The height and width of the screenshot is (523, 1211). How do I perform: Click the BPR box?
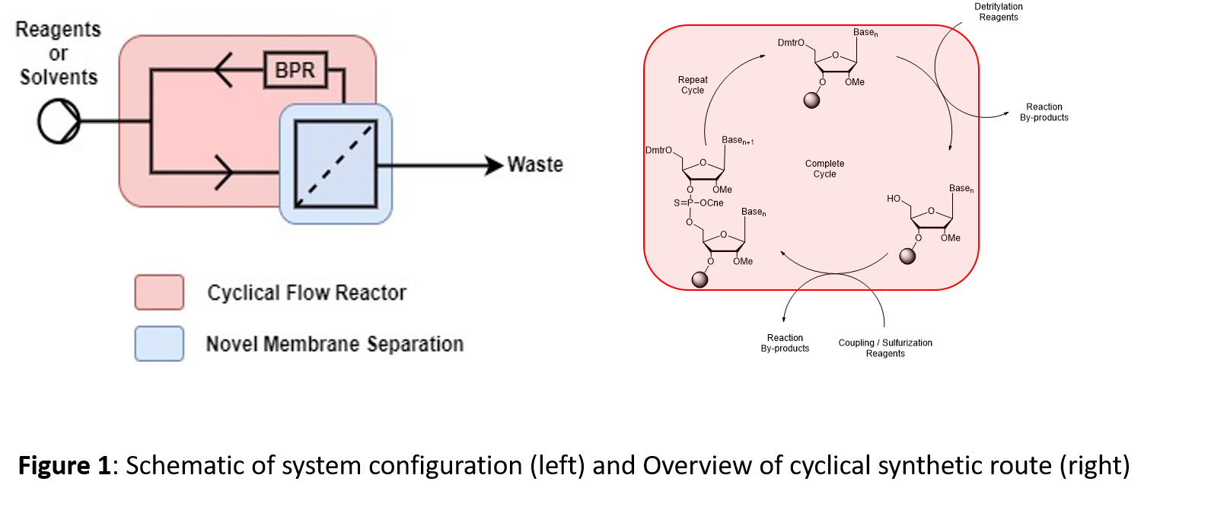[295, 70]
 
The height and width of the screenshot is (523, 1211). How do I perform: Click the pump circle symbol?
[59, 122]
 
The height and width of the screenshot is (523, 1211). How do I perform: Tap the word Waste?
[535, 164]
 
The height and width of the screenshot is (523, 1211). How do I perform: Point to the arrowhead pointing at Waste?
[496, 164]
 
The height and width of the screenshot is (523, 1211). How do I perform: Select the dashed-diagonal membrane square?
[336, 164]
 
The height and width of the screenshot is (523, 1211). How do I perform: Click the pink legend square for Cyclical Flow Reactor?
[159, 292]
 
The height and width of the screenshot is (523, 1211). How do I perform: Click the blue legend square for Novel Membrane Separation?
[159, 343]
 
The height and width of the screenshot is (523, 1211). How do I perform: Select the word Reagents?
[58, 30]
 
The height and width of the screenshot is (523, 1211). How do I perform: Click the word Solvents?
[59, 77]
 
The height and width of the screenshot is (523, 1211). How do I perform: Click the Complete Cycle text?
[824, 169]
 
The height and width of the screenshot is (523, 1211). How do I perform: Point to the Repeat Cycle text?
[693, 85]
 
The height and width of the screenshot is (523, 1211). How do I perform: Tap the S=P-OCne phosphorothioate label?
[698, 203]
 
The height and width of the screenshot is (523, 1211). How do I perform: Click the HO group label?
[894, 199]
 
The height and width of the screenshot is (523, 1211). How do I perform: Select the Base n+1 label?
[738, 141]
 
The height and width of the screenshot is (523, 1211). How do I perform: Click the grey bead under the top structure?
[811, 100]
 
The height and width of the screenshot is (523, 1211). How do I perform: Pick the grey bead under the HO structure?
[907, 256]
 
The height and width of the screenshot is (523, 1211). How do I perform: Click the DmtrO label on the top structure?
[791, 43]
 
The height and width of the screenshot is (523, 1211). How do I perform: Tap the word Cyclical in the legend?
[243, 293]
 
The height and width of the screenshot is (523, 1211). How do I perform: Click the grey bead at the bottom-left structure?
[700, 279]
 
